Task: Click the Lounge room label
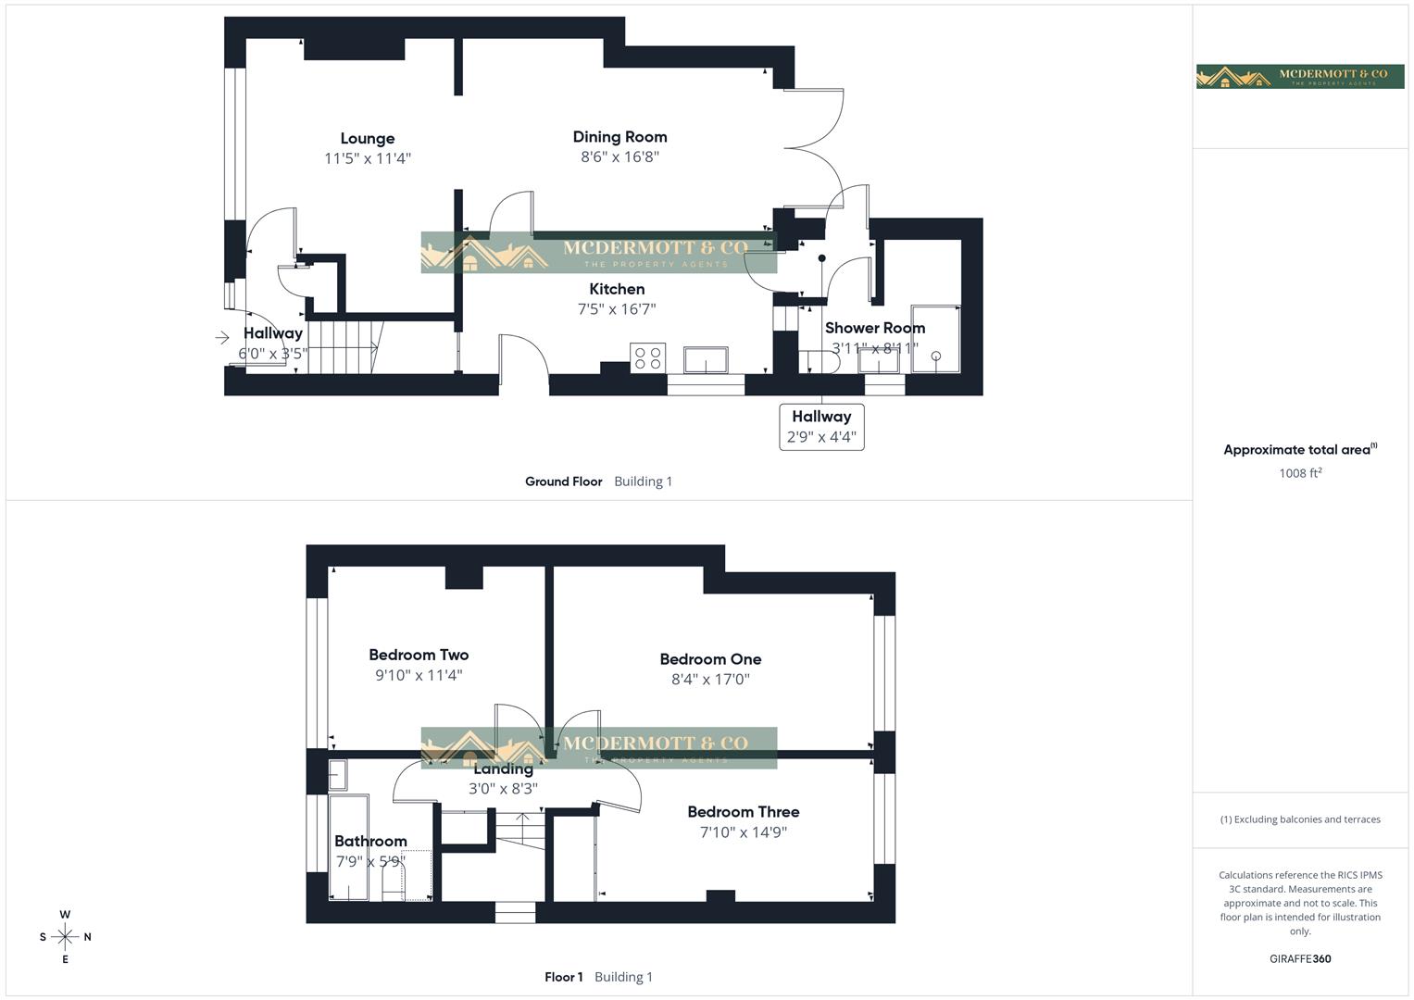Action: tap(367, 139)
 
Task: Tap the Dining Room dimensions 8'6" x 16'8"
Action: tap(619, 157)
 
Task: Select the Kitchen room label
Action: tap(617, 289)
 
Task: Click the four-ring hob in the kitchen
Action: tap(647, 357)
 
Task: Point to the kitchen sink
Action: tap(706, 359)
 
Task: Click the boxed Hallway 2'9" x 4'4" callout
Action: tap(821, 427)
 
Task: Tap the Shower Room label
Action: tap(874, 328)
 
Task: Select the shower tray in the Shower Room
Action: tap(935, 339)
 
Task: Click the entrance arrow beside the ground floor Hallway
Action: tap(222, 338)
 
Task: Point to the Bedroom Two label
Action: tap(419, 655)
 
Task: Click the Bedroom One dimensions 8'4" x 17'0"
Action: tap(710, 680)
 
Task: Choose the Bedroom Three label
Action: tap(743, 812)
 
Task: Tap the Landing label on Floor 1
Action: tap(503, 769)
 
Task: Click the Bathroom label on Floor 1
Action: tap(370, 841)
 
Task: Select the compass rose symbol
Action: tap(65, 937)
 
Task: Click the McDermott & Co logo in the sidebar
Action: tap(1299, 76)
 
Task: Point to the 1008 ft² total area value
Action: tap(1300, 473)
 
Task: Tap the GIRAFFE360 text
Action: tap(1300, 959)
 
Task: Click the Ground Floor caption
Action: tap(563, 481)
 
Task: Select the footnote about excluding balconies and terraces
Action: tap(1300, 819)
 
